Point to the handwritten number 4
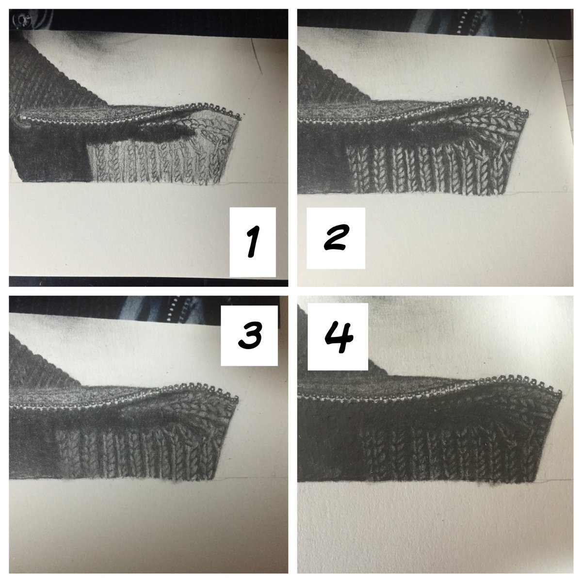pyautogui.click(x=339, y=337)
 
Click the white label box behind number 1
pyautogui.click(x=253, y=242)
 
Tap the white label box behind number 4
pyautogui.click(x=338, y=337)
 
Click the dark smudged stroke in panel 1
pyautogui.click(x=142, y=133)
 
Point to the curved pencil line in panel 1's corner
pyautogui.click(x=256, y=57)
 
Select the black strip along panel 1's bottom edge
pyautogui.click(x=148, y=281)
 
